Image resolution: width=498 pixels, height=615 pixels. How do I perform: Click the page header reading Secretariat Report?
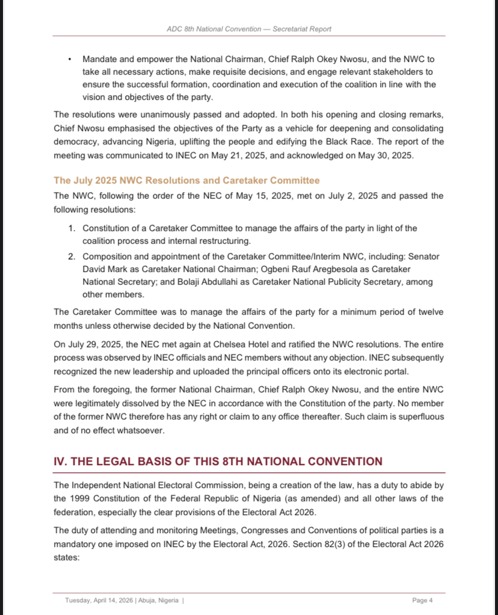(x=249, y=29)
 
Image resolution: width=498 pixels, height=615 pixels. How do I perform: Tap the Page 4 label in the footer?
(x=422, y=600)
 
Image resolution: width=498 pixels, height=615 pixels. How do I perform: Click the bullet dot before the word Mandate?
(x=70, y=60)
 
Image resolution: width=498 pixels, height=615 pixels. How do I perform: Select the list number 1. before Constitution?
(x=71, y=228)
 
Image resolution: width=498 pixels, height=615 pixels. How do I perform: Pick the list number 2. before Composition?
(x=71, y=256)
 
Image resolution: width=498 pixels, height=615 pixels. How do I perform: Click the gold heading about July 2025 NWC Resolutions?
(x=186, y=181)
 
